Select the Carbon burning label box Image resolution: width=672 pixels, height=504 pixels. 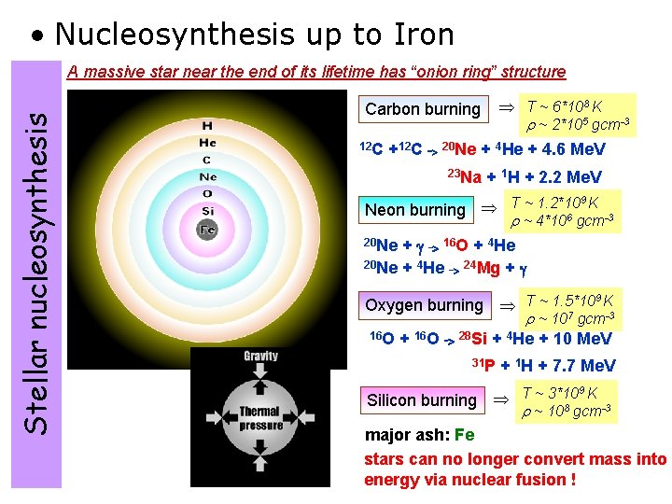pyautogui.click(x=423, y=109)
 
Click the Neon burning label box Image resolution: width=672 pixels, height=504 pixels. pyautogui.click(x=414, y=210)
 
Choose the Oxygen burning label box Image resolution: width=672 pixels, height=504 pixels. pyautogui.click(x=424, y=305)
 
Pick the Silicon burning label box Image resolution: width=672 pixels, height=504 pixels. pyautogui.click(x=421, y=400)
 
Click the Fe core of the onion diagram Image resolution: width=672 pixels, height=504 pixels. pyautogui.click(x=207, y=229)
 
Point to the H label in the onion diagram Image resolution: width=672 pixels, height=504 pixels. pyautogui.click(x=207, y=125)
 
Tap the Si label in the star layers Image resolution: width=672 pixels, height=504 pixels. pyautogui.click(x=207, y=211)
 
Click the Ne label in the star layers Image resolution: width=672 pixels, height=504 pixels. pyautogui.click(x=207, y=176)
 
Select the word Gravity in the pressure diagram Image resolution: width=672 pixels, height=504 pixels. pyautogui.click(x=260, y=357)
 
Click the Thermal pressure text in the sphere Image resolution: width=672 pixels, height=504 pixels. pyautogui.click(x=260, y=418)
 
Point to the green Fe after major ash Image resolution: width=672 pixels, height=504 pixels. pyautogui.click(x=464, y=436)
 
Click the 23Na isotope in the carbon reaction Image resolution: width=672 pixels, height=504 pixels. pyautogui.click(x=464, y=177)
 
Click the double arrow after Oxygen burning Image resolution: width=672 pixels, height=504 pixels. pyautogui.click(x=507, y=306)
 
